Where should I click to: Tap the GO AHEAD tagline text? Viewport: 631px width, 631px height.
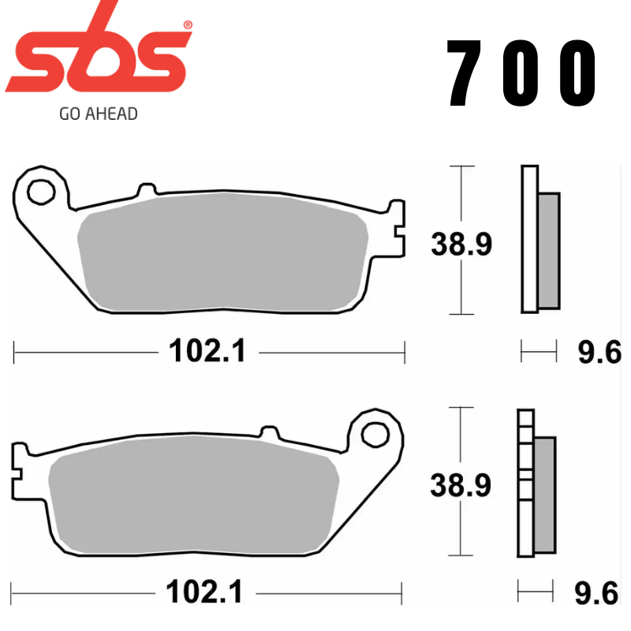pos(98,114)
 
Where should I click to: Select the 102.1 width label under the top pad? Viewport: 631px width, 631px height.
pos(207,350)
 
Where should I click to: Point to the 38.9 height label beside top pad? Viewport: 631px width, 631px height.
pos(461,245)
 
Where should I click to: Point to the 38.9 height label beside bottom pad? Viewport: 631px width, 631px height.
pos(461,485)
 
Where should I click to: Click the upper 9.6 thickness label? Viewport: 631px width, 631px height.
pos(599,352)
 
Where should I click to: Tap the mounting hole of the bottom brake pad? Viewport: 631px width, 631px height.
pos(377,432)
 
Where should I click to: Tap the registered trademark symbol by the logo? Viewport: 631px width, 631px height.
pos(187,25)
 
